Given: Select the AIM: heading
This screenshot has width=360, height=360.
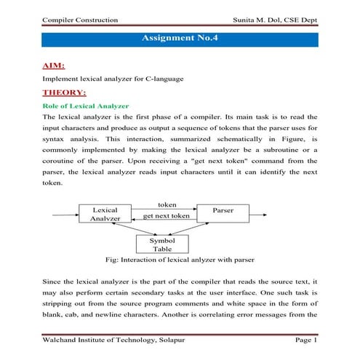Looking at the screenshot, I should pyautogui.click(x=55, y=66).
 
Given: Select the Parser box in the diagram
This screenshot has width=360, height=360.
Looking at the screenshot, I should pyautogui.click(x=222, y=210).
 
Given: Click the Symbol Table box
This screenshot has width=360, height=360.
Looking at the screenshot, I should pyautogui.click(x=162, y=244).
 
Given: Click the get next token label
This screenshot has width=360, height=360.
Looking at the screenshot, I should pyautogui.click(x=167, y=216).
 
